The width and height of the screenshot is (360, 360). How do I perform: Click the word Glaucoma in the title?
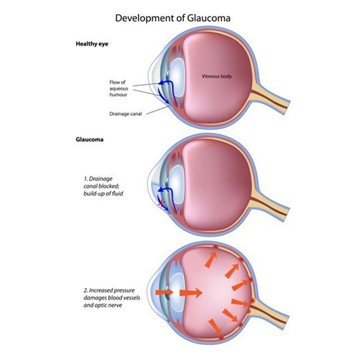[209, 18]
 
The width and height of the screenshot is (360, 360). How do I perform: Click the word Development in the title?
[145, 18]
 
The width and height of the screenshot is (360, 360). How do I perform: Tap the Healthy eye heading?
[92, 44]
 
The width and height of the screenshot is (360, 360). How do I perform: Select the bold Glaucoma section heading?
[89, 140]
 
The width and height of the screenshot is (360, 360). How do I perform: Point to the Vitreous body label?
[217, 76]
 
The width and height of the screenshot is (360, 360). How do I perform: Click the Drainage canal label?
[125, 113]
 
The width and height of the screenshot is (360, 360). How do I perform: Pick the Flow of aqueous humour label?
[119, 88]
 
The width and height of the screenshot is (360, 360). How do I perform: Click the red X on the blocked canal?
[162, 203]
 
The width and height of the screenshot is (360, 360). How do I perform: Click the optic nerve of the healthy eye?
[270, 99]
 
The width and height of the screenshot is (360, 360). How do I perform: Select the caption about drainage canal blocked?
[103, 186]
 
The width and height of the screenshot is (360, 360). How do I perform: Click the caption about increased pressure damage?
[112, 298]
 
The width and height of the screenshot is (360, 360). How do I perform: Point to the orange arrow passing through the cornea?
[164, 292]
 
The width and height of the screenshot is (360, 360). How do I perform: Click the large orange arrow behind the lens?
[191, 293]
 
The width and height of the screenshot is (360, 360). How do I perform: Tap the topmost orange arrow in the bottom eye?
[211, 260]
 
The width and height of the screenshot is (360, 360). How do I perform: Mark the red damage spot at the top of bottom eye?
[215, 247]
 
